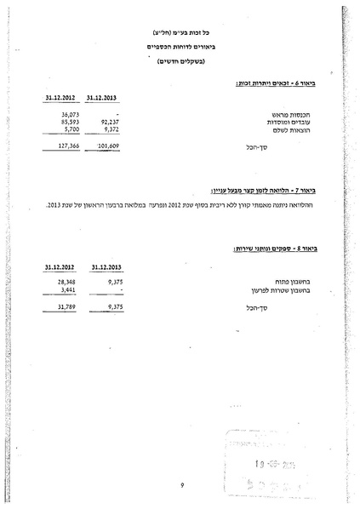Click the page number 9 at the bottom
point(182,485)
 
